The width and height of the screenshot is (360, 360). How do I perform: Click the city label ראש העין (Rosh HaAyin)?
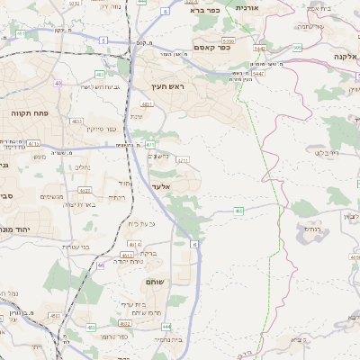pyautogui.click(x=167, y=86)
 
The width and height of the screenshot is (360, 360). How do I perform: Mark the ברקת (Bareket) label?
pyautogui.click(x=148, y=254)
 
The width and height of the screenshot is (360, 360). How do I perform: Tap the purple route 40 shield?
pyautogui.click(x=58, y=84)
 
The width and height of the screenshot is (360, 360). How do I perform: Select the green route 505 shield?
pyautogui.click(x=297, y=48)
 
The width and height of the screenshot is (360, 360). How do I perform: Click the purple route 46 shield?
pyautogui.click(x=101, y=265)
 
